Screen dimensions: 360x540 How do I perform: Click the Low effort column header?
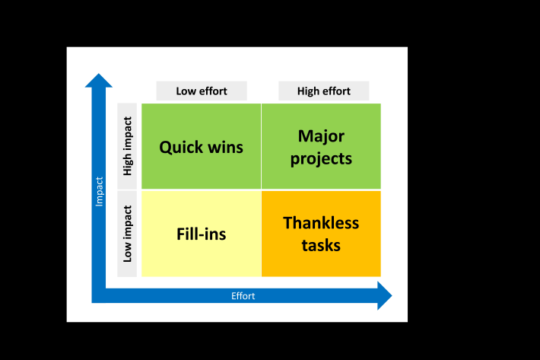(x=202, y=91)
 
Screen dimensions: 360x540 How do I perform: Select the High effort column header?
(x=324, y=91)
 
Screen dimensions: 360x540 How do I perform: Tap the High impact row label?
(x=128, y=146)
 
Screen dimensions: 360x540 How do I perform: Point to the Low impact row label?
(x=128, y=234)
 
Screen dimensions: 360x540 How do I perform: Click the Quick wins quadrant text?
(x=201, y=147)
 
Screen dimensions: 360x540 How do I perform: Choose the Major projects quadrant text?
(x=321, y=147)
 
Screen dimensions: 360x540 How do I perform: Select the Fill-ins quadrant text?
(x=201, y=234)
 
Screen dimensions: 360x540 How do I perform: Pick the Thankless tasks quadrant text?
(x=321, y=234)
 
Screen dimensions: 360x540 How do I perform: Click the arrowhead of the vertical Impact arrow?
(x=99, y=80)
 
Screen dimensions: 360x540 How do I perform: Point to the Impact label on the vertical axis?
(x=99, y=192)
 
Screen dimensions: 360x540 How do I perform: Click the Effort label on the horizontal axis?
(x=243, y=296)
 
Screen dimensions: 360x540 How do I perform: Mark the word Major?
(x=321, y=136)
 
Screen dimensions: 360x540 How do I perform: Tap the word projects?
(x=321, y=159)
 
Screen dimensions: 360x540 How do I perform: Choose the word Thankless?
(x=321, y=223)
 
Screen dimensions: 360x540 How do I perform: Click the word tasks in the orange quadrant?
(x=321, y=245)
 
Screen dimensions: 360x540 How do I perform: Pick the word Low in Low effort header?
(x=186, y=91)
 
